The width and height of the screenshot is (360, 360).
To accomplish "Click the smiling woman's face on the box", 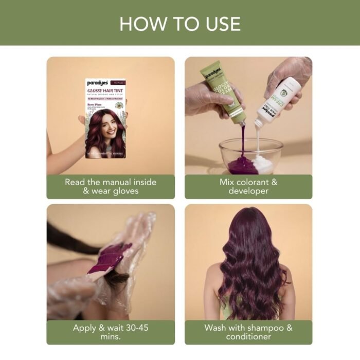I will click(110, 125).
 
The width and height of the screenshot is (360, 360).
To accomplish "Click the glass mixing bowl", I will click(249, 156).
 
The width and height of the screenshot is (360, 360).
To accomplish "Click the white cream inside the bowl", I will click(263, 164).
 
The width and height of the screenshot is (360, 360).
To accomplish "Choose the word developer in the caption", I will click(248, 191).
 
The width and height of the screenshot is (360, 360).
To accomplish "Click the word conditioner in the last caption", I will click(248, 337).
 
